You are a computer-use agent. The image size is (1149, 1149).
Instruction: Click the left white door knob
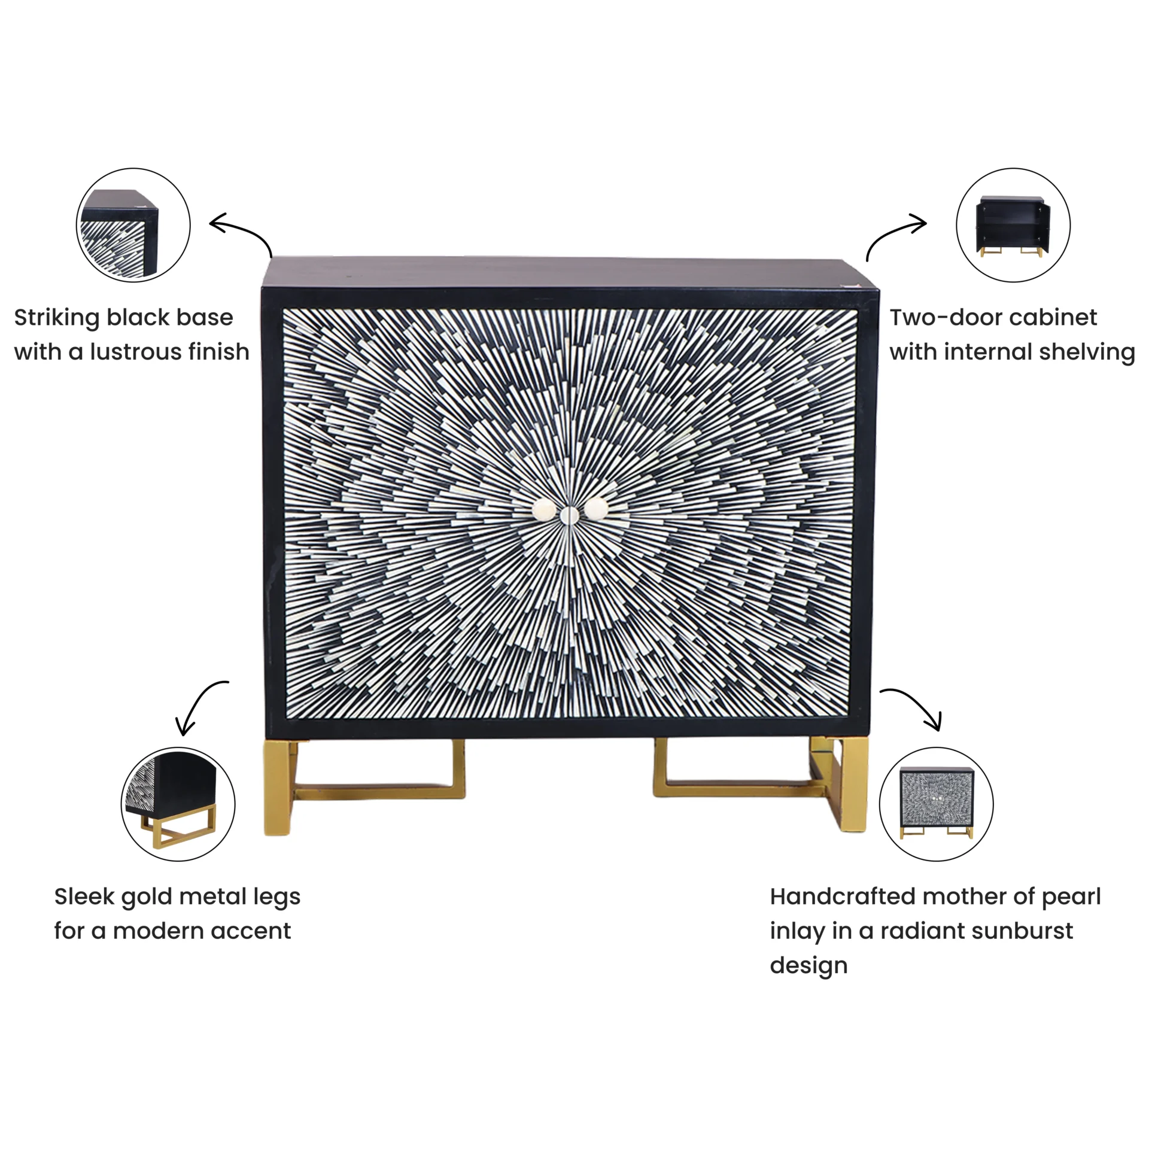coord(543,510)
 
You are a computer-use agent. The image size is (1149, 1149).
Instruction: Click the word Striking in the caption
coord(57,318)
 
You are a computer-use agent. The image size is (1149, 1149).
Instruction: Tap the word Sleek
coord(84,896)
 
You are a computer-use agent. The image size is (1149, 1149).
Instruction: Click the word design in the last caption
coord(808,966)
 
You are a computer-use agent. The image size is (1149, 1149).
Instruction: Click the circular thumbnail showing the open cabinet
coord(1013,225)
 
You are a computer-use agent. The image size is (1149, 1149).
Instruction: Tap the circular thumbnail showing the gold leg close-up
coord(178,804)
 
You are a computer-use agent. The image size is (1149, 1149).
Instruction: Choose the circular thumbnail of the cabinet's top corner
coord(133,225)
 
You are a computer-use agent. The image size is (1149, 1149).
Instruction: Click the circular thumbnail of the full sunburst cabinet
coord(936,804)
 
